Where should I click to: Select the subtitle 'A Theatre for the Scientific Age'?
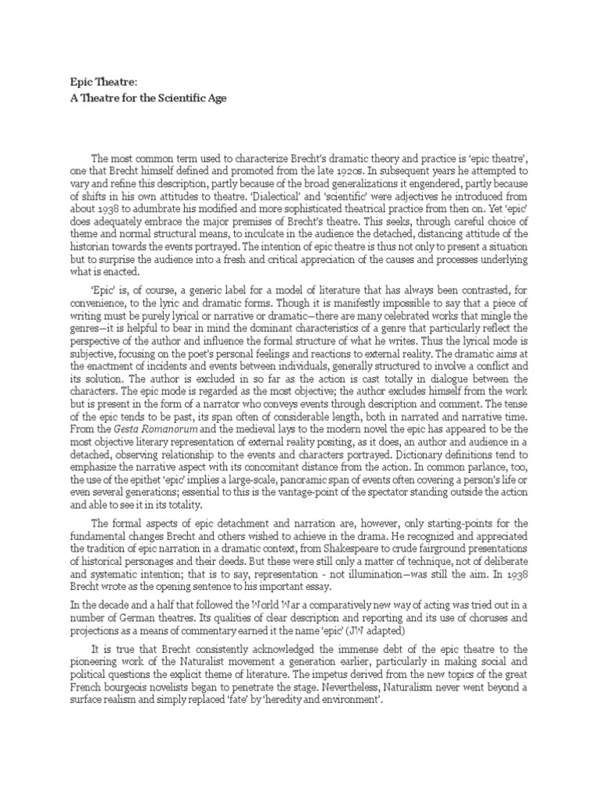coord(144,97)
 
